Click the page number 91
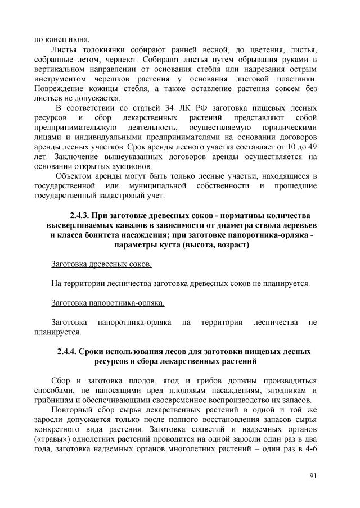coord(313,476)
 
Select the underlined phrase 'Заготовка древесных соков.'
coord(101,264)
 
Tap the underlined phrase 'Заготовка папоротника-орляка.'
coord(107,303)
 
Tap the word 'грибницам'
coord(54,400)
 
